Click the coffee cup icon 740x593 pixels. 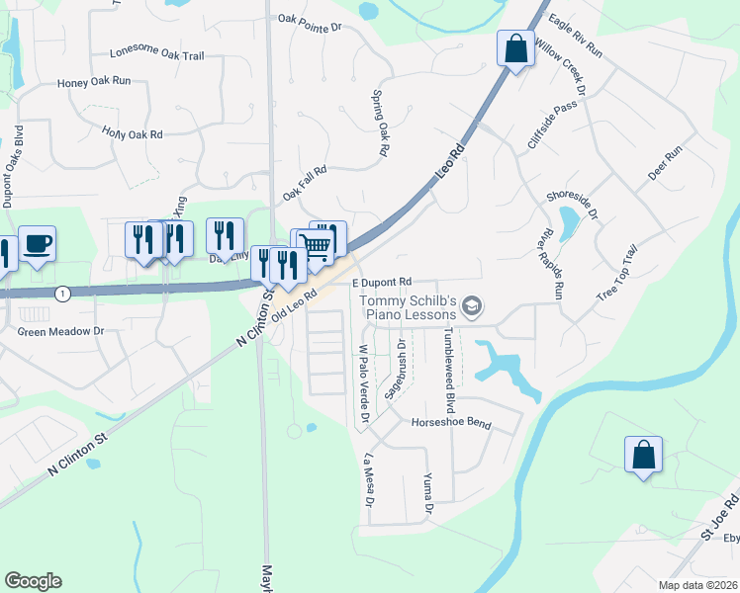click(x=38, y=243)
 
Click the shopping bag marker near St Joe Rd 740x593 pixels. click(x=643, y=455)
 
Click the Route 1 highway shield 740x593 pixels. click(x=63, y=294)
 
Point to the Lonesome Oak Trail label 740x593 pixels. click(x=157, y=55)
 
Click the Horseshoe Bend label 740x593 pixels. click(x=451, y=423)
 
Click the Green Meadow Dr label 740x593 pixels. click(x=60, y=332)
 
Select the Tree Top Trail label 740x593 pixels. click(x=620, y=275)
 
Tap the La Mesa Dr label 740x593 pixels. click(x=368, y=480)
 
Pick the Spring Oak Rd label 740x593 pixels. click(x=378, y=125)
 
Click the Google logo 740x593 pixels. click(x=33, y=581)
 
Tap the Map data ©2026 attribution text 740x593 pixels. click(x=697, y=585)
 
